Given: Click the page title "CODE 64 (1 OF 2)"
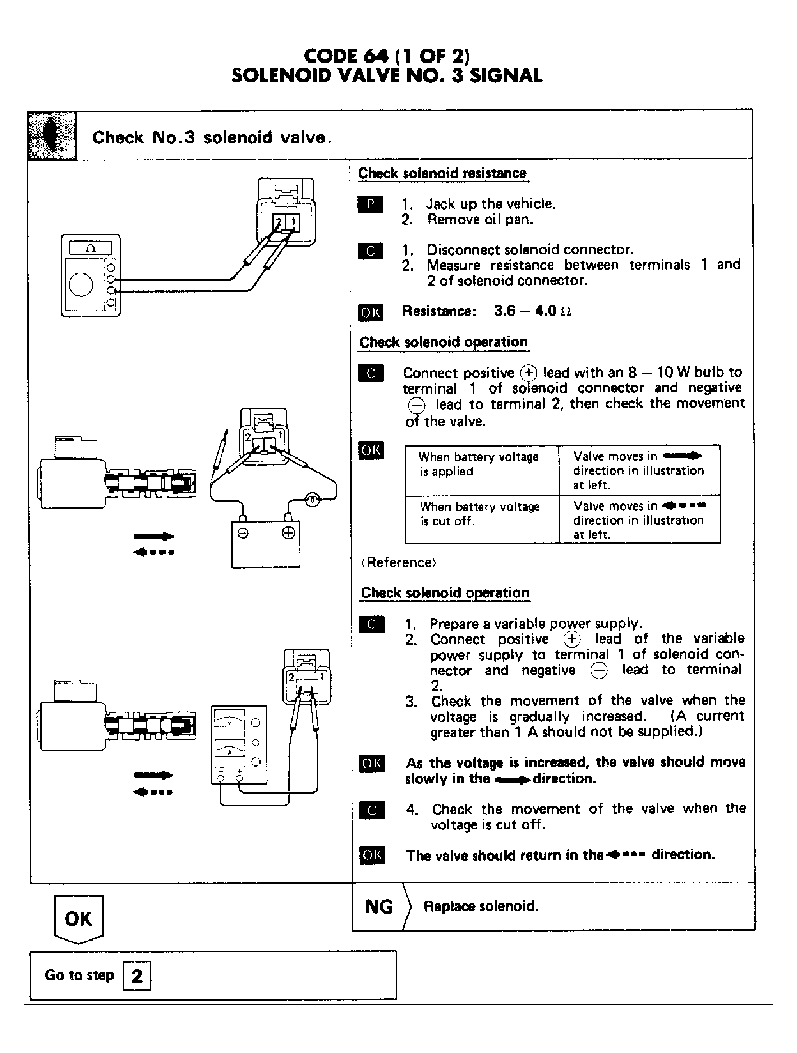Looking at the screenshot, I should [387, 56].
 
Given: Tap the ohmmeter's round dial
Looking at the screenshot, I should [81, 285].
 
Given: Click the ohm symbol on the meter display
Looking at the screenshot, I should [90, 248].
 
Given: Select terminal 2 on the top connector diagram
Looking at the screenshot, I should [279, 222].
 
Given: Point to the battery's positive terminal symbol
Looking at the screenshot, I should [288, 533].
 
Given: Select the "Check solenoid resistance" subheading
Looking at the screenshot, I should [442, 173].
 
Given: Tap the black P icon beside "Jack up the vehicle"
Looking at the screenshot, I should [370, 204].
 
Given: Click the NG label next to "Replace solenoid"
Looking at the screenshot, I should [379, 907].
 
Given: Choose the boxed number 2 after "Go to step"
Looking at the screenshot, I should [137, 976].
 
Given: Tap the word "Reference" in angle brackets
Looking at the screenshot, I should [399, 563].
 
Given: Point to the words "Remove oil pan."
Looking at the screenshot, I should [480, 220].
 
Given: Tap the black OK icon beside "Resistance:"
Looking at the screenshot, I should [371, 312].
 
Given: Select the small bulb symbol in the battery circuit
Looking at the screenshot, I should [313, 499].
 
